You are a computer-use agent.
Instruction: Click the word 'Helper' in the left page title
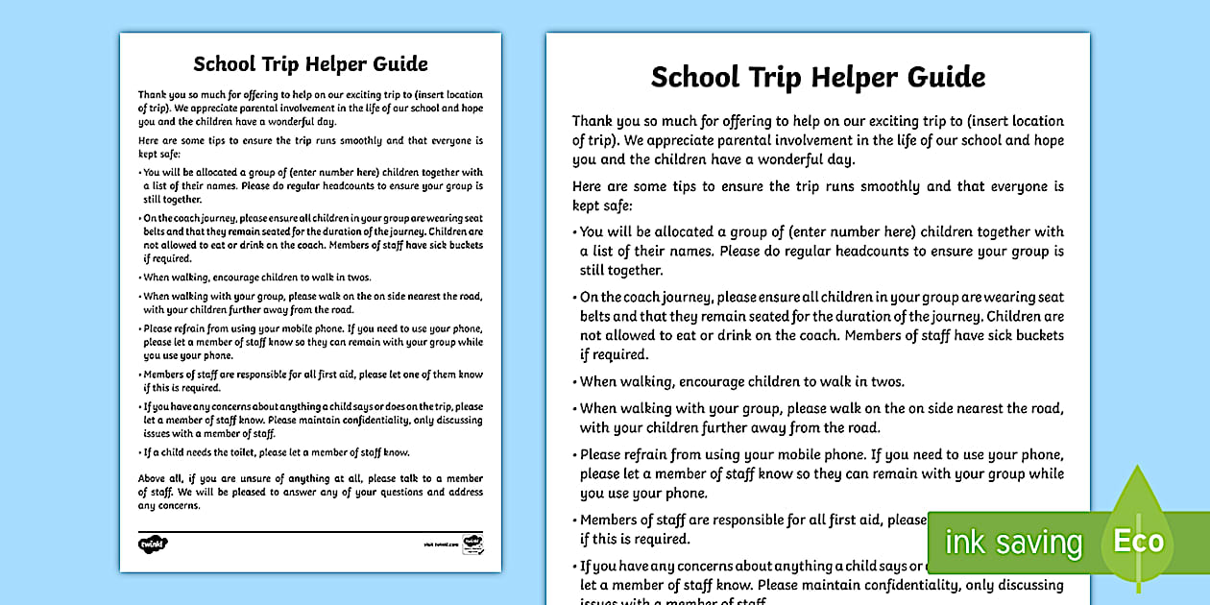(341, 64)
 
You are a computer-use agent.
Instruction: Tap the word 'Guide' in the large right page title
(938, 77)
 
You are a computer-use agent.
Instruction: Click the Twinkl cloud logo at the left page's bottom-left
(153, 544)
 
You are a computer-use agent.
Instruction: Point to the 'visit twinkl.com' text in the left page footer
(442, 544)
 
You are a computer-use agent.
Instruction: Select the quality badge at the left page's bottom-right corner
(472, 544)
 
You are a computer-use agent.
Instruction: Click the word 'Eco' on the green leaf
(1139, 541)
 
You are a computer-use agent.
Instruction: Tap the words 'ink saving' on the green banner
(1013, 543)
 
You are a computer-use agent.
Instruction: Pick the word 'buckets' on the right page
(1037, 336)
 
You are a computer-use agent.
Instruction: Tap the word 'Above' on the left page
(154, 479)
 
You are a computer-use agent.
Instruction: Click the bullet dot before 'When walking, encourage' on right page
(575, 382)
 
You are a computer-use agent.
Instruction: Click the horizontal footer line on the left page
(310, 530)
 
